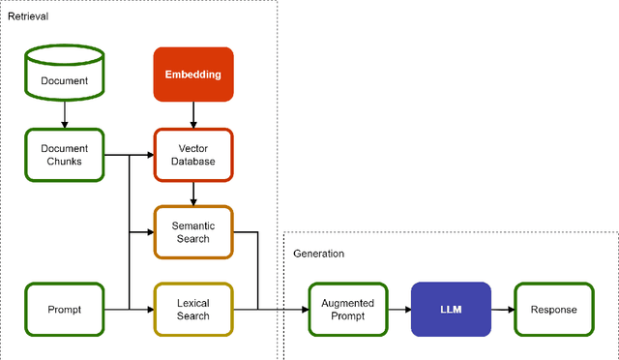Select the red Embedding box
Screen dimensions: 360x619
[x=193, y=74]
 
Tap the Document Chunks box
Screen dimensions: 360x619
[x=64, y=154]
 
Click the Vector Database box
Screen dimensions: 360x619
[x=193, y=154]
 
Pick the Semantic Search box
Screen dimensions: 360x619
[x=193, y=232]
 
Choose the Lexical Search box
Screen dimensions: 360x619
[x=193, y=309]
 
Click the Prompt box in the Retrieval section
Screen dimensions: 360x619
[x=64, y=309]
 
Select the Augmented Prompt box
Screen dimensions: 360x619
[x=347, y=309]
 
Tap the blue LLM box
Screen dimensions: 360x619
[x=451, y=309]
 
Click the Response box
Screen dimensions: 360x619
[x=553, y=309]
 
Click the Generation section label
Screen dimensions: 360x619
[x=318, y=254]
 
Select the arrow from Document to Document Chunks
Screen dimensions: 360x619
[x=64, y=114]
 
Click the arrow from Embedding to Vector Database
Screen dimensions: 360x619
[x=193, y=114]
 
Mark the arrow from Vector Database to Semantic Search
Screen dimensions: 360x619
[x=193, y=194]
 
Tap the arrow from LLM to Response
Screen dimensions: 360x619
[x=502, y=309]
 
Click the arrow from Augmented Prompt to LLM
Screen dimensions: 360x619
[x=398, y=309]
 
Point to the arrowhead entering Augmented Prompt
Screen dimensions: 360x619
[x=304, y=309]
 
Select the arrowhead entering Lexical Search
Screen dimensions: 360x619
[x=150, y=309]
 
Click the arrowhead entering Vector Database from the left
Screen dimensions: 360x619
[x=150, y=154]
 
